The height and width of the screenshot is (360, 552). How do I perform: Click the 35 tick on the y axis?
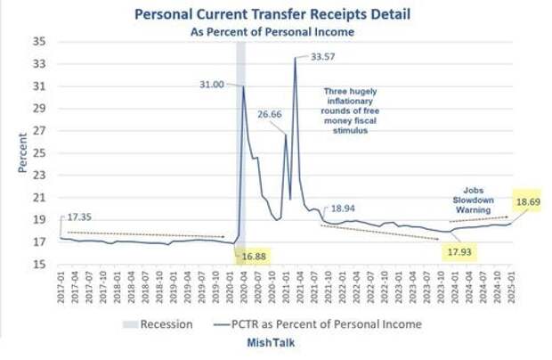click(40, 41)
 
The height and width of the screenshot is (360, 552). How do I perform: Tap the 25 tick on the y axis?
click(40, 152)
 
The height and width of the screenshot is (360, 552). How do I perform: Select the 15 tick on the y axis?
click(40, 265)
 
